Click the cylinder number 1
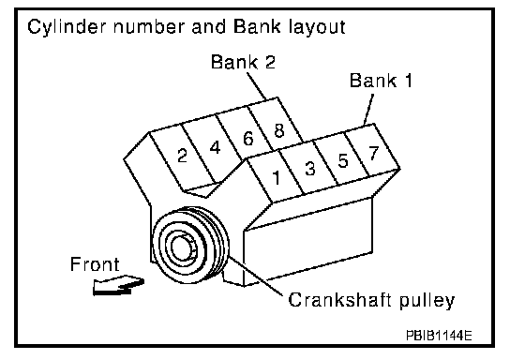click(277, 177)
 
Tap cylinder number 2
click(182, 156)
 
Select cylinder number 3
click(310, 168)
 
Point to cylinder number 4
click(216, 147)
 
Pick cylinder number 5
click(342, 160)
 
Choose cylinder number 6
click(248, 139)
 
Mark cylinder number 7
click(374, 153)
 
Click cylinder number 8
click(279, 130)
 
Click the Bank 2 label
click(243, 62)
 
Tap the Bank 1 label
click(381, 81)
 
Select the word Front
click(95, 264)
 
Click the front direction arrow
click(118, 286)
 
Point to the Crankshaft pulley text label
click(371, 300)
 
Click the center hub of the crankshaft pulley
click(183, 248)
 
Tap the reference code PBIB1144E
click(439, 335)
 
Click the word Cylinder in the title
click(67, 27)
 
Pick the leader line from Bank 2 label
click(257, 85)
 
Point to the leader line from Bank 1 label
click(368, 109)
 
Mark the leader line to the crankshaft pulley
click(256, 277)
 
